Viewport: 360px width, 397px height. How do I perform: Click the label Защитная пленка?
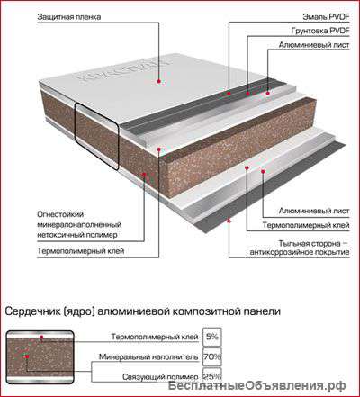click(69, 17)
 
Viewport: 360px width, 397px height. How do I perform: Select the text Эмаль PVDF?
click(326, 17)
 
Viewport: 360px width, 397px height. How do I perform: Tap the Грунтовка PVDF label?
click(320, 31)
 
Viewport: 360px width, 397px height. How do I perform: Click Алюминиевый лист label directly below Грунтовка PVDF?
click(314, 45)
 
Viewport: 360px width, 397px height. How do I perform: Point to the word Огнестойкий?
click(60, 215)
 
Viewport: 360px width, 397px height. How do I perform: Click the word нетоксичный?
click(60, 235)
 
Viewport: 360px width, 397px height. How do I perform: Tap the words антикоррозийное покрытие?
click(300, 252)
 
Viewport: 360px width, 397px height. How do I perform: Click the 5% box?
click(212, 337)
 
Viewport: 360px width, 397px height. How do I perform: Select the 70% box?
click(212, 356)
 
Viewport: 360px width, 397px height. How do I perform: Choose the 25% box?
click(212, 375)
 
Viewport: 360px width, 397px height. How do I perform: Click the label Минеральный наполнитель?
click(148, 357)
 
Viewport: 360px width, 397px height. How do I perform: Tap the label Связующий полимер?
click(160, 377)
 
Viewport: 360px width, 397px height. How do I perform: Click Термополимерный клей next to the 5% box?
click(155, 337)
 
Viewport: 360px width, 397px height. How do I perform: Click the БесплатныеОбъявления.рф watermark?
click(256, 385)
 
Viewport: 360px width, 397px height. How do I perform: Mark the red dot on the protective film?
click(159, 81)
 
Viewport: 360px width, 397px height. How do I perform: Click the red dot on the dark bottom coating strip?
click(229, 221)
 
